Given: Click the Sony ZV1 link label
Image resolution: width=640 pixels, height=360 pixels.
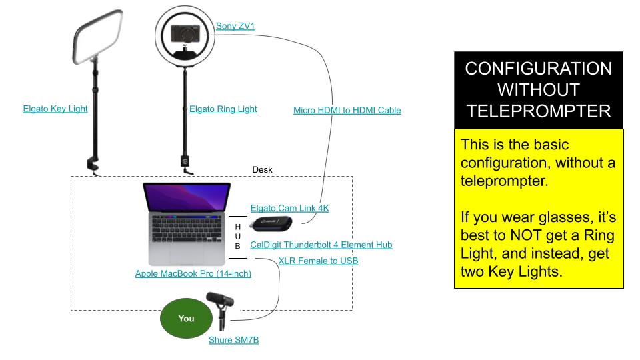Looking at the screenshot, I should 235,27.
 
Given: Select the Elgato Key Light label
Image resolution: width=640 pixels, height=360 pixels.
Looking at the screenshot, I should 55,109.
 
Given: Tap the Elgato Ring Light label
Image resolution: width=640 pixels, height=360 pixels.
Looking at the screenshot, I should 223,109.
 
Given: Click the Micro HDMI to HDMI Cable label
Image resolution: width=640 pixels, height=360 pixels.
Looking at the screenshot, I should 347,110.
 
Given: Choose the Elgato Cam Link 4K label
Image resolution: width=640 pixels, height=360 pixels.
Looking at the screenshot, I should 289,208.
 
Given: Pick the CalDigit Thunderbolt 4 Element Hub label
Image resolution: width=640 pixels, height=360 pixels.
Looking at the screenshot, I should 321,245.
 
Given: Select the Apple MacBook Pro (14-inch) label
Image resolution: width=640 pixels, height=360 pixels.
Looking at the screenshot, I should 193,273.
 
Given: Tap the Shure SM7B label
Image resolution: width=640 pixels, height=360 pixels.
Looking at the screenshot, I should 233,340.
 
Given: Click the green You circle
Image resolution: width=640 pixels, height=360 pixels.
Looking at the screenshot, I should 186,318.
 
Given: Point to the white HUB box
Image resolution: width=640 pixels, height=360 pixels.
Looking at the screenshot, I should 238,236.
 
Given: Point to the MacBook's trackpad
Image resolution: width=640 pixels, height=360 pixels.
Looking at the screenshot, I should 188,253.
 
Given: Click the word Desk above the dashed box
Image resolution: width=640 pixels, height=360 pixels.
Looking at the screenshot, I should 262,170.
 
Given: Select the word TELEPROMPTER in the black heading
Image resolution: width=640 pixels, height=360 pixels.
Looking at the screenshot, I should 538,111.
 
